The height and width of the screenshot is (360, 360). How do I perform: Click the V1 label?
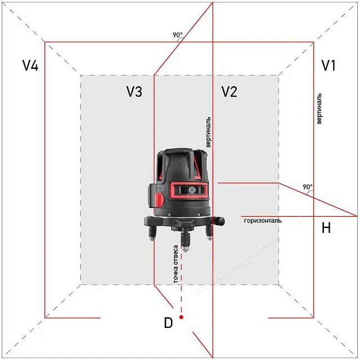click(328, 66)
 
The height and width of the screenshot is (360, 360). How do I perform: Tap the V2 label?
click(229, 92)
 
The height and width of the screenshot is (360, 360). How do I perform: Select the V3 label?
click(134, 92)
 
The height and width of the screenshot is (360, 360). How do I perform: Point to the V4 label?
click(30, 66)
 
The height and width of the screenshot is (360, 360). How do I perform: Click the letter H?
click(326, 228)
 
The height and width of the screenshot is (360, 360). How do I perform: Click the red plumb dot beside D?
click(181, 318)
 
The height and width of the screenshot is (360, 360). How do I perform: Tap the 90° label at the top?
click(177, 35)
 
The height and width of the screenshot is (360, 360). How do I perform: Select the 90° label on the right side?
click(307, 187)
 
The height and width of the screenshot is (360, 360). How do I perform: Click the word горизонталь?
click(263, 221)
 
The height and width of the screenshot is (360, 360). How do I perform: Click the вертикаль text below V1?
click(319, 108)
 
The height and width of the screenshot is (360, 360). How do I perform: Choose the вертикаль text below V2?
click(209, 132)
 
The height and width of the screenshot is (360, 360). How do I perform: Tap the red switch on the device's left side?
click(160, 199)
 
